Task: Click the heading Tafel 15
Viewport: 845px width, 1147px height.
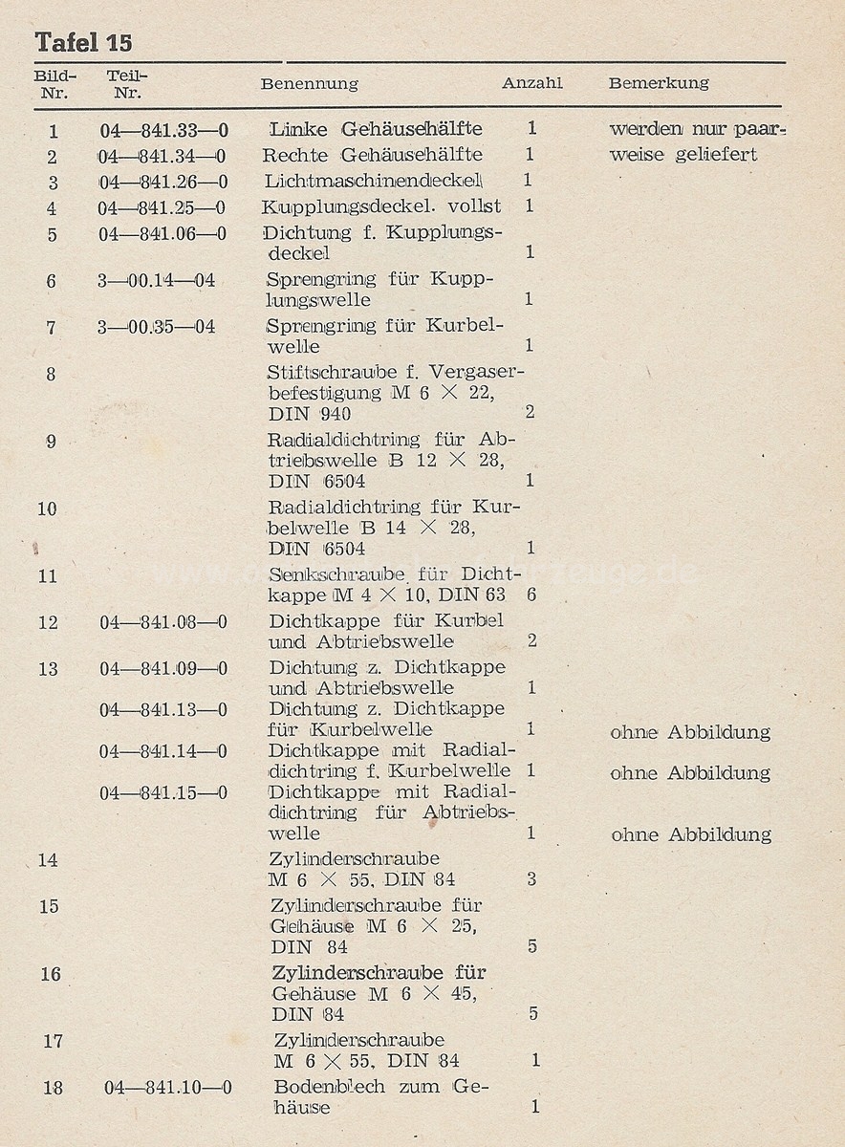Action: coord(83,43)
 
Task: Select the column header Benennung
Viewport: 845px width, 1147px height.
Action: coord(309,84)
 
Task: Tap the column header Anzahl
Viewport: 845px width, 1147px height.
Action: coord(532,83)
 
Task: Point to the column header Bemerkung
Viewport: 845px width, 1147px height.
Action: coord(659,83)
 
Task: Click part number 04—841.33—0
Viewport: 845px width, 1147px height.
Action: coord(163,130)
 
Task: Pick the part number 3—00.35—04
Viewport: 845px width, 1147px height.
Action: coord(156,327)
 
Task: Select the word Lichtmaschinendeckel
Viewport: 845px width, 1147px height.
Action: coord(372,181)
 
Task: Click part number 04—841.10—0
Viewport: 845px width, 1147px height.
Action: coord(167,1088)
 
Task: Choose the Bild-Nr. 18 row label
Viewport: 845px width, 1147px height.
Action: coord(54,1088)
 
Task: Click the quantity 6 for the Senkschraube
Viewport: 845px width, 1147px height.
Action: coord(531,594)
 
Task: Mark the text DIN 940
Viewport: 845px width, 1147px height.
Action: coord(310,414)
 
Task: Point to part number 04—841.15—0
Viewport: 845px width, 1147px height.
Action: coord(163,792)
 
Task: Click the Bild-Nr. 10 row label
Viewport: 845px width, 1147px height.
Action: coord(48,509)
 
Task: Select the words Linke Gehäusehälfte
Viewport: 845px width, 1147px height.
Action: coord(376,129)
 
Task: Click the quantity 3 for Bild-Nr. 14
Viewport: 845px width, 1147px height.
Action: coord(531,878)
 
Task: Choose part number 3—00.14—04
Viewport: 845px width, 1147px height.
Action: coord(156,281)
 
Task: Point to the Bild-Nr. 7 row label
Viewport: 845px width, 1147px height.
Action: coord(51,328)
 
